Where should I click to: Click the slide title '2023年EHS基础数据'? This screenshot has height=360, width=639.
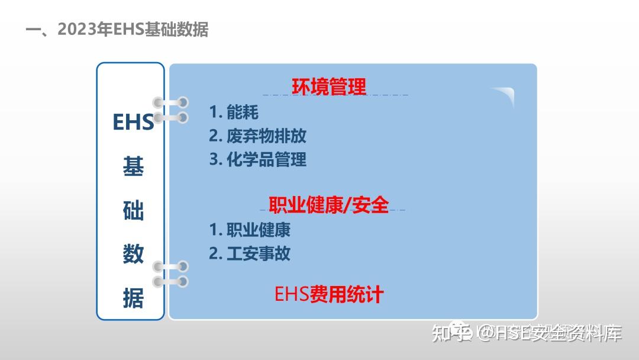pos(133,30)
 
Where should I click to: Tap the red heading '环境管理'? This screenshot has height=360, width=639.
pos(329,86)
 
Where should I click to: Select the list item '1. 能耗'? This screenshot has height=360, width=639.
pos(234,112)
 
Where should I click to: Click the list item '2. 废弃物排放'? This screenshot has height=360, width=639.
pos(257,136)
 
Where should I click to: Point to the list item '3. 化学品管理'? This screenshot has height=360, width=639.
pos(257,159)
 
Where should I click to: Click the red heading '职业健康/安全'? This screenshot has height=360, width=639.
pos(329,205)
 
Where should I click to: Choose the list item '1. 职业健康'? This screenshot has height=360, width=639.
pos(250,229)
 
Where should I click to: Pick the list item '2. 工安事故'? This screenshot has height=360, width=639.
pos(250,253)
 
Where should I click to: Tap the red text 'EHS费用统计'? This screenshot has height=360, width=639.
pos(329,294)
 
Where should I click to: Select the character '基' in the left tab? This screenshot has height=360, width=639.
pos(133,167)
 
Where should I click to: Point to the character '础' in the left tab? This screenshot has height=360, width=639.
pos(133,211)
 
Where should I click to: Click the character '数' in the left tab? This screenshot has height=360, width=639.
pos(133,255)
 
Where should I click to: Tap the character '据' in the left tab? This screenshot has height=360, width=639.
pos(133,298)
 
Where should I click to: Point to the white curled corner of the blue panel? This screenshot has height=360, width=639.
pos(503,95)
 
